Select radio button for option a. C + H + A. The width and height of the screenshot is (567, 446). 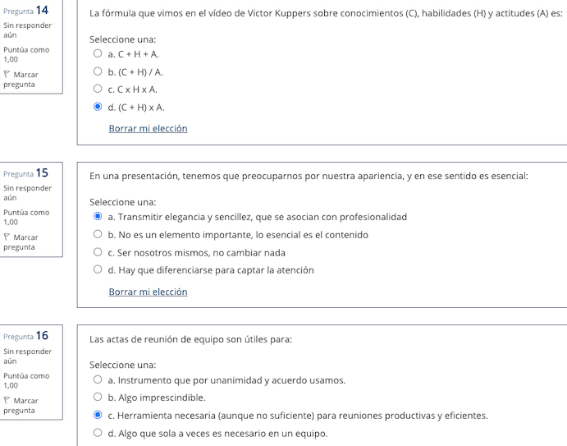[98, 53]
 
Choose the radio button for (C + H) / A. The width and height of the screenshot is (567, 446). [98, 71]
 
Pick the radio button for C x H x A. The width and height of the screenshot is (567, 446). [98, 89]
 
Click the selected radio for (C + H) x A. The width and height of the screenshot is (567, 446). [98, 107]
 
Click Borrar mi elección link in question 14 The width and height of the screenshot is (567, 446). [148, 128]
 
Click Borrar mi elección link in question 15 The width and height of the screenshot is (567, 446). [148, 292]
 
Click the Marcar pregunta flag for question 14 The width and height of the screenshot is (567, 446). [7, 75]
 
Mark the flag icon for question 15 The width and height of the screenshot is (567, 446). [7, 237]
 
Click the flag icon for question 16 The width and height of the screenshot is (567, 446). [7, 401]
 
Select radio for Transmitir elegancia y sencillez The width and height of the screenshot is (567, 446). [98, 217]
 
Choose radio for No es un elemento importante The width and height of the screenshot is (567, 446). [98, 235]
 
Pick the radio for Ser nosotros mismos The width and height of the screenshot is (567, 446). [98, 252]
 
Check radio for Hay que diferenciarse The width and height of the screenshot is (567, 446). [98, 269]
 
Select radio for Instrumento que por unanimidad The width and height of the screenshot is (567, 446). [98, 380]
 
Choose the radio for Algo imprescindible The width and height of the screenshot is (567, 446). [98, 398]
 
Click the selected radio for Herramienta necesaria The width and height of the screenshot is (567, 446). [98, 416]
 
